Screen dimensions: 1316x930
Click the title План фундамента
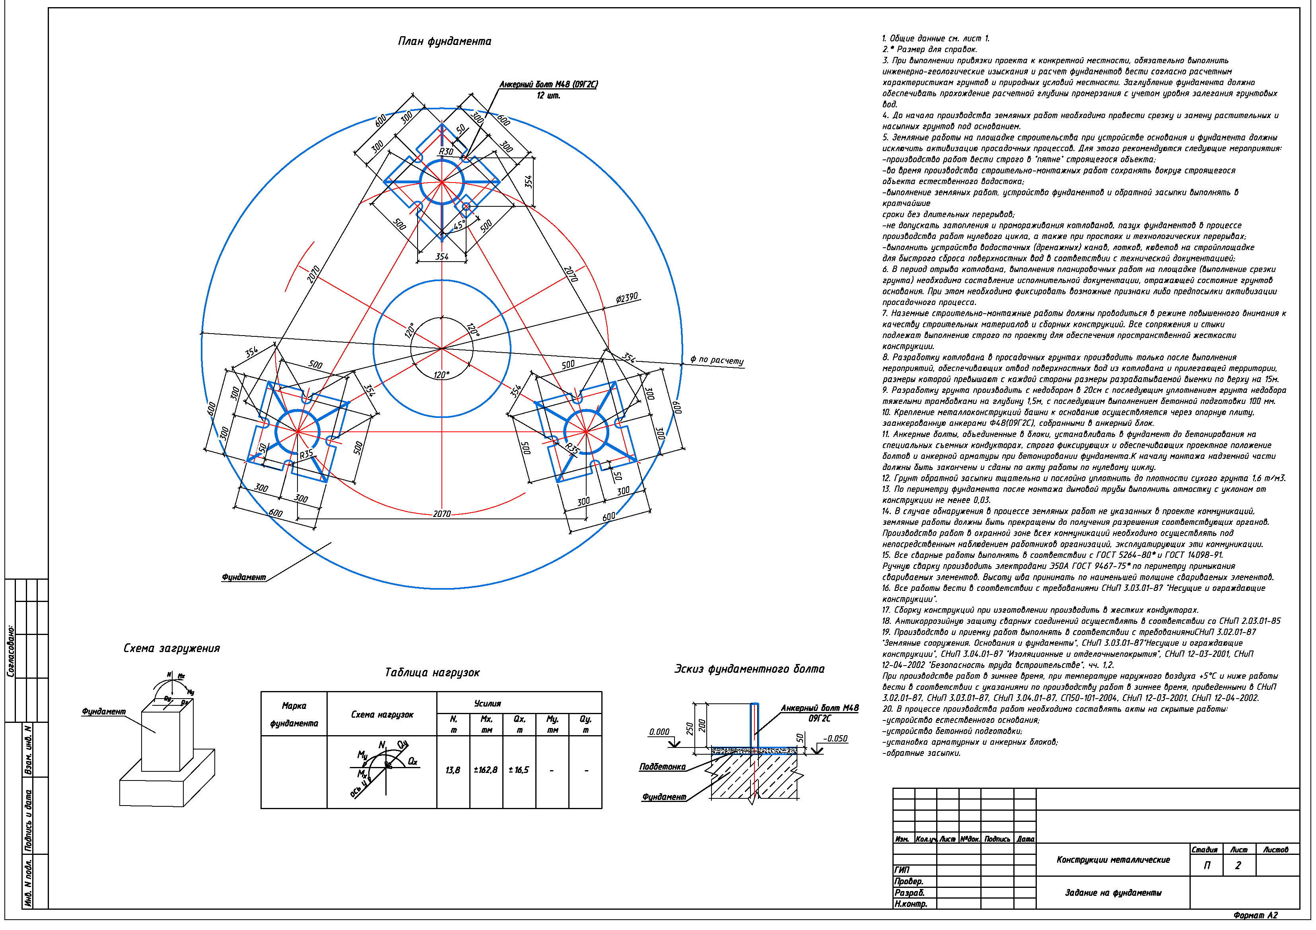(445, 41)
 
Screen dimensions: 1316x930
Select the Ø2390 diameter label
(627, 298)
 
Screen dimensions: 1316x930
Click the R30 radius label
(446, 152)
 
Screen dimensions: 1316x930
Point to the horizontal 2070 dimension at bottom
(441, 514)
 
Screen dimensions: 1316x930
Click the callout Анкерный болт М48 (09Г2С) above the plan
(548, 85)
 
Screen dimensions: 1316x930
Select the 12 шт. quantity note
(548, 96)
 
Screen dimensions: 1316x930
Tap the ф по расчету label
(717, 360)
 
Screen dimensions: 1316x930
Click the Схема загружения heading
(172, 648)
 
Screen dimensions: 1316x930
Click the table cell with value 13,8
(453, 770)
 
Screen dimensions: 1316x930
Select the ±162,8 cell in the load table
(486, 770)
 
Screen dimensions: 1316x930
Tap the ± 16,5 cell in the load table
(519, 770)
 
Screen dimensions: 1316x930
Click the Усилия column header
(488, 704)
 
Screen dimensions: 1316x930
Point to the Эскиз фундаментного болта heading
(750, 669)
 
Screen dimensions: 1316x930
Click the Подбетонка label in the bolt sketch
(663, 767)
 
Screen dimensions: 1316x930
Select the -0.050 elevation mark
(836, 739)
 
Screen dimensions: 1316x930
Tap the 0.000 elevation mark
(659, 732)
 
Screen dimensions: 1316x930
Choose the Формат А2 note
(1255, 915)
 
